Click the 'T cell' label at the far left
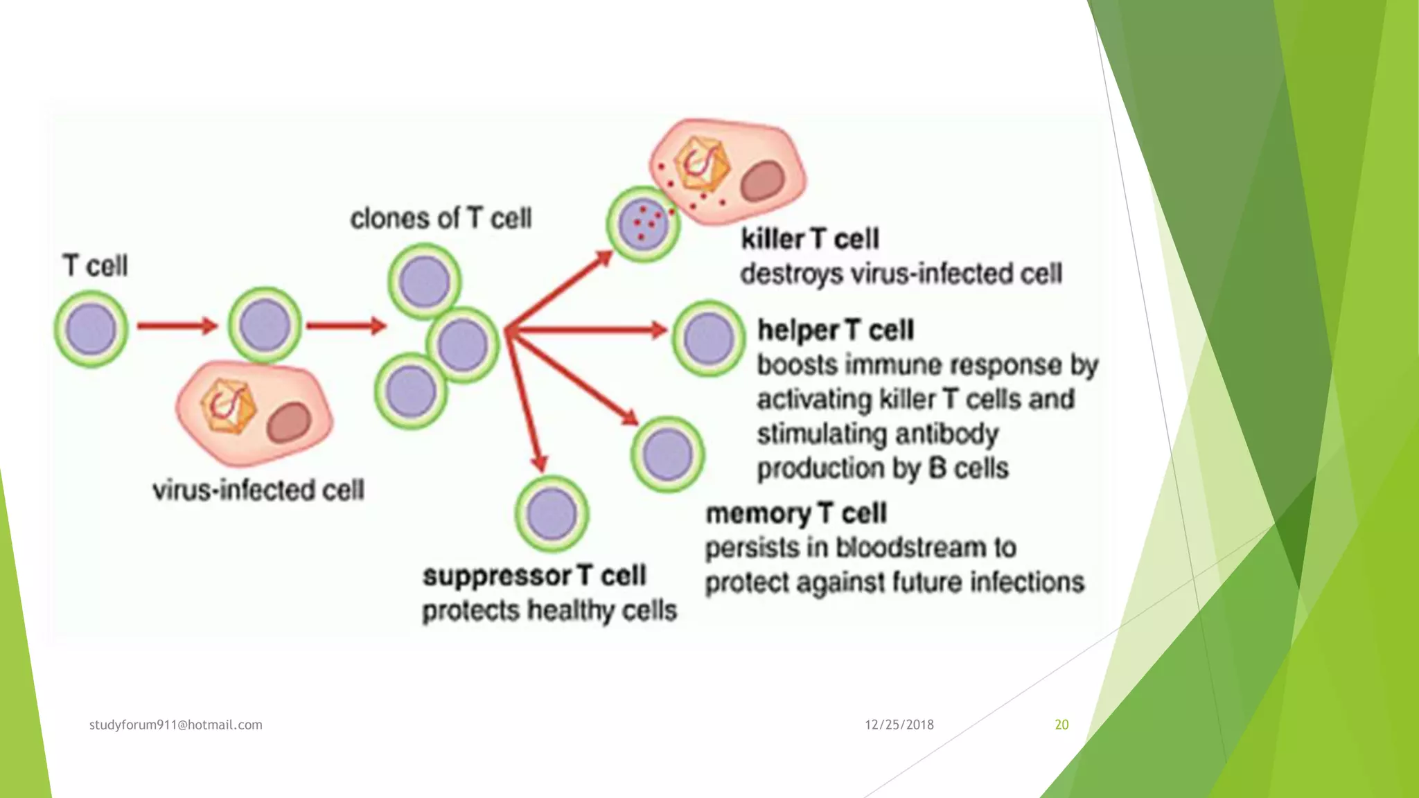96,266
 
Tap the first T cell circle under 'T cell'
91,329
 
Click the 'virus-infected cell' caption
258,490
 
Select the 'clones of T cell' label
441,218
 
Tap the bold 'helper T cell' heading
836,330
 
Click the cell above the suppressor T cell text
552,514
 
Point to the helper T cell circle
708,339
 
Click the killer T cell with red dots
643,224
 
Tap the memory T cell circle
667,454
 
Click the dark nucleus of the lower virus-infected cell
289,423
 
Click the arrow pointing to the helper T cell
589,330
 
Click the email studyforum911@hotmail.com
176,725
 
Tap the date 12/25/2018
899,725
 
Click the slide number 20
1061,725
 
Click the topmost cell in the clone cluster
424,281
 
